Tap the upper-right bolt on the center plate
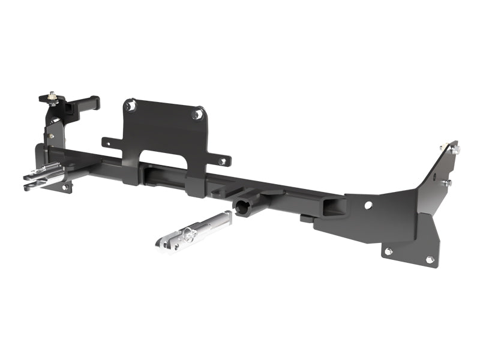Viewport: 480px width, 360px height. tap(195, 114)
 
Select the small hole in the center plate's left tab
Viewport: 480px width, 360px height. tap(109, 142)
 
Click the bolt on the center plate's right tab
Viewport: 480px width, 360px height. tap(222, 161)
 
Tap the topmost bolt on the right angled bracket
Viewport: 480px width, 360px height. tap(443, 147)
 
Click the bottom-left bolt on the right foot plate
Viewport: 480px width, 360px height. tap(388, 251)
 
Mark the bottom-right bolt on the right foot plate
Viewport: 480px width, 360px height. tap(430, 259)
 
